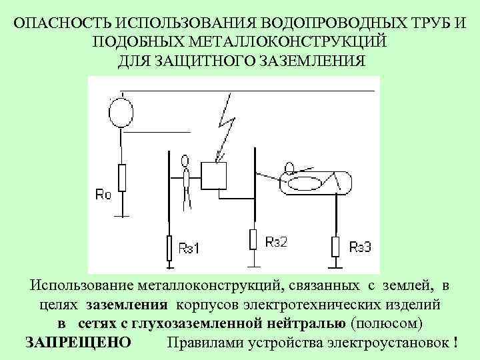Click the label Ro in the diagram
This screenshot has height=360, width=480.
click(x=103, y=195)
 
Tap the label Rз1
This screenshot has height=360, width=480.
click(x=189, y=249)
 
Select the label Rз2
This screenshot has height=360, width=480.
click(x=275, y=242)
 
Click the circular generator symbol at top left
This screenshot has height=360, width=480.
click(x=121, y=111)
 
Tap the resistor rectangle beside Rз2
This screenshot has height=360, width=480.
click(x=254, y=239)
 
